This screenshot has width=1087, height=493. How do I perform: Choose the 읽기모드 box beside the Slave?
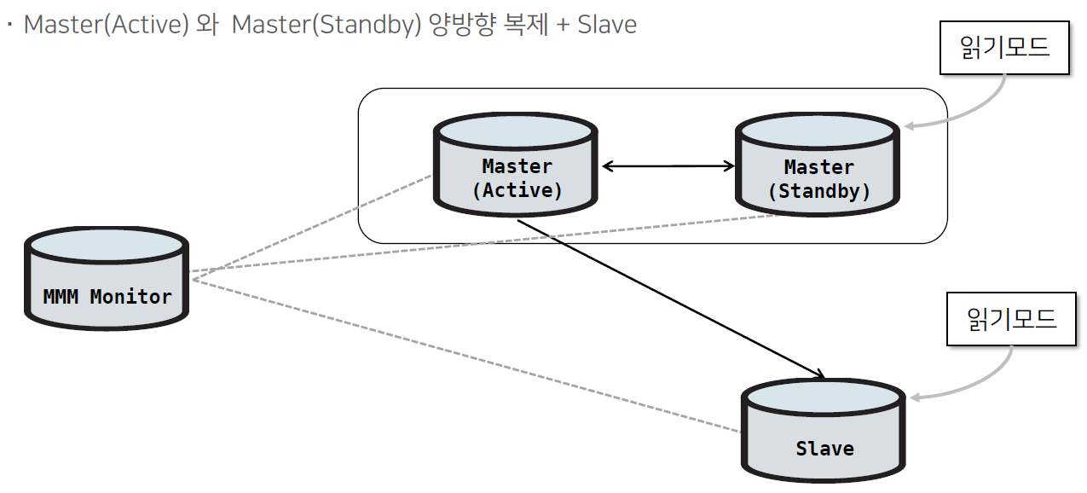[x=1011, y=321]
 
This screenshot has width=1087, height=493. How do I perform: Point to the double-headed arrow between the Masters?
[x=668, y=166]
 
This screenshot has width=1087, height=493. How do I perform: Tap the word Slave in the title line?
[x=607, y=24]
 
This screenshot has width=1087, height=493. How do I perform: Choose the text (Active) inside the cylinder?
[x=517, y=190]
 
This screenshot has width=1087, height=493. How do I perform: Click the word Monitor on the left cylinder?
[x=130, y=297]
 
